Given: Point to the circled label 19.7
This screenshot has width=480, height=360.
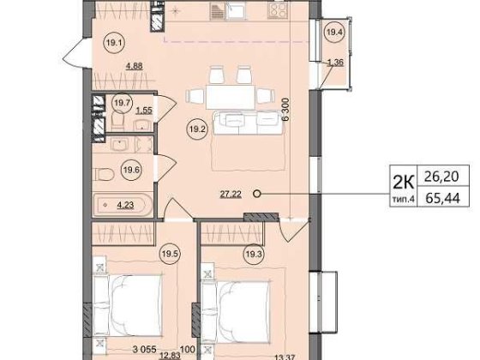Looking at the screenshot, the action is pyautogui.click(x=122, y=103).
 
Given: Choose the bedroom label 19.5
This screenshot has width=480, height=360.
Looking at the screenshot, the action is pyautogui.click(x=171, y=254).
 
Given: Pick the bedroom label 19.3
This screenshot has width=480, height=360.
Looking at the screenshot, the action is pyautogui.click(x=254, y=254).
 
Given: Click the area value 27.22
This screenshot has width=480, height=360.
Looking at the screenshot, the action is pyautogui.click(x=231, y=194).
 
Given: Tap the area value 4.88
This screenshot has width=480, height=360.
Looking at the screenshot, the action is pyautogui.click(x=134, y=66).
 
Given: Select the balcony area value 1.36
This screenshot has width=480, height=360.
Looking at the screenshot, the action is pyautogui.click(x=336, y=63).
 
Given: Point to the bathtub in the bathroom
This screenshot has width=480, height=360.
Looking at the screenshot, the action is pyautogui.click(x=123, y=205).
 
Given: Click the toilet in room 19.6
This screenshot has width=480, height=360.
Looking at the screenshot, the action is pyautogui.click(x=103, y=174).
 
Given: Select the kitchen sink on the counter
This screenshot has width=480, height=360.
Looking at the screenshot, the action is pyautogui.click(x=236, y=11).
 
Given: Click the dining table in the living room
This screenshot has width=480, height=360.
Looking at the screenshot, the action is pyautogui.click(x=231, y=97).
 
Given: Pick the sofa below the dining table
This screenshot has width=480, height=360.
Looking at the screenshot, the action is pyautogui.click(x=249, y=123).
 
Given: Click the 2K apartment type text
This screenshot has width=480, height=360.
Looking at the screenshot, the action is pyautogui.click(x=403, y=183).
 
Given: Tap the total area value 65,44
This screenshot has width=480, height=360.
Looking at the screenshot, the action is pyautogui.click(x=442, y=199).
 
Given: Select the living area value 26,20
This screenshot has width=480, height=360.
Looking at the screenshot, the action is pyautogui.click(x=441, y=177).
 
